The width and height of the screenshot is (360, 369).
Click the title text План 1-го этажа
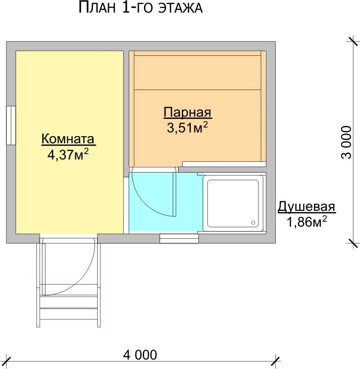(x=140, y=7)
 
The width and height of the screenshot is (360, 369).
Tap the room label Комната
(x=68, y=139)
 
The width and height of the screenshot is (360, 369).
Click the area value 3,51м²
(x=188, y=128)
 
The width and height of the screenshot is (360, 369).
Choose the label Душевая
(x=306, y=207)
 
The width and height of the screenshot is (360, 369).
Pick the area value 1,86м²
(x=306, y=222)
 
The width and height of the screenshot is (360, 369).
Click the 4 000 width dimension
(x=140, y=355)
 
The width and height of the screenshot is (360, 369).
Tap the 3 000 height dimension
(x=346, y=142)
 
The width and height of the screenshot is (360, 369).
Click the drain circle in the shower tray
(x=253, y=223)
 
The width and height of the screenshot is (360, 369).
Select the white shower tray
(x=233, y=203)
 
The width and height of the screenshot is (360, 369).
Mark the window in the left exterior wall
(x=11, y=125)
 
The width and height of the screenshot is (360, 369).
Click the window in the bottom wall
(x=179, y=239)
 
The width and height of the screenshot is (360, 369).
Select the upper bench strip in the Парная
(x=198, y=73)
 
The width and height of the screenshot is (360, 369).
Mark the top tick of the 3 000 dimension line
(x=353, y=41)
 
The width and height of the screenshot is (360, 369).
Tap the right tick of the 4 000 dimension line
(x=276, y=361)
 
